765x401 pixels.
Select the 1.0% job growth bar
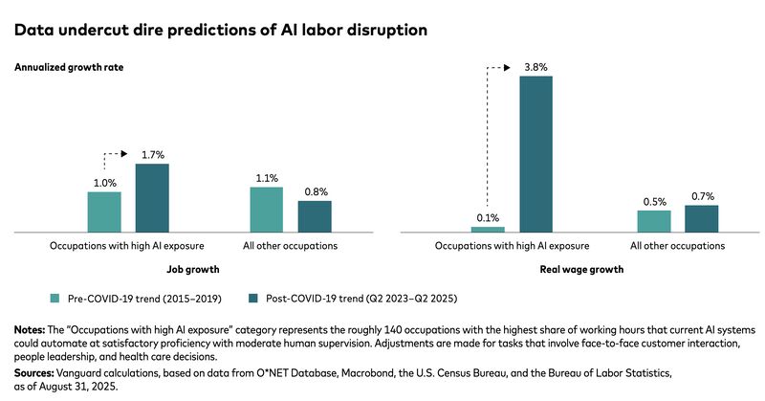coord(104,212)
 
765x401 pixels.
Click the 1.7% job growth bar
coord(152,198)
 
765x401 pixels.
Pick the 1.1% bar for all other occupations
coord(267,210)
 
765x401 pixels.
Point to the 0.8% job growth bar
coord(315,216)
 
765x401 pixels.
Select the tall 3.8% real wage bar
coord(535,153)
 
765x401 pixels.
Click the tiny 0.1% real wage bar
coord(488,230)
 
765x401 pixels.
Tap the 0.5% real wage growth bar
coord(654,221)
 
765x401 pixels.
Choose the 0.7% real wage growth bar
coord(701,218)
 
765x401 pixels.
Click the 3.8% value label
coord(535,65)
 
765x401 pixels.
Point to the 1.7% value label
coord(152,153)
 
